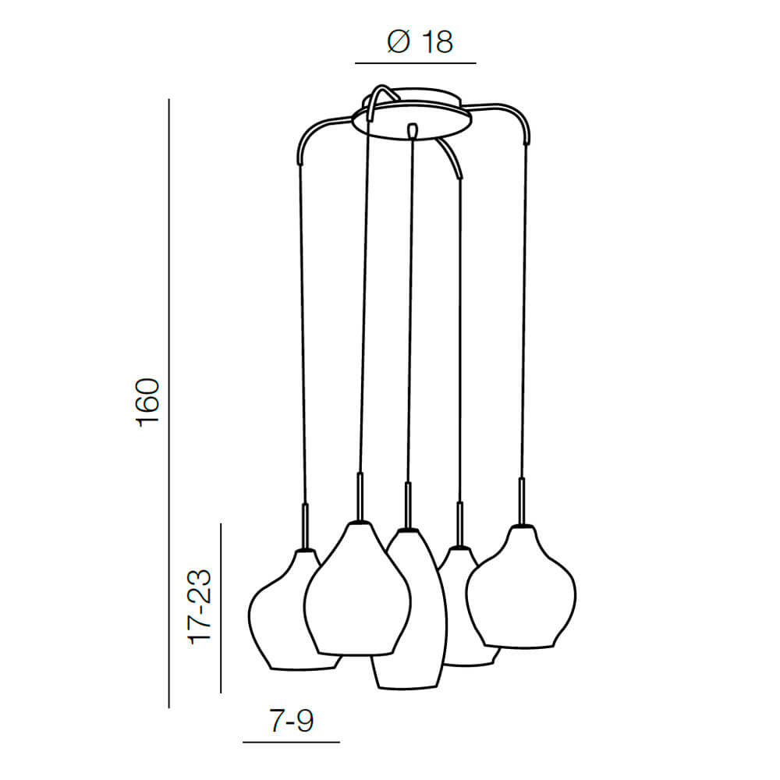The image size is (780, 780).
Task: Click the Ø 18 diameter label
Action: click(x=420, y=42)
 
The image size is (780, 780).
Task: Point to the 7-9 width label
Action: click(x=292, y=720)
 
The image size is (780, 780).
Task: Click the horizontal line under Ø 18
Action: click(x=416, y=63)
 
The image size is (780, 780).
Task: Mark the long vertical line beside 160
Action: click(x=168, y=403)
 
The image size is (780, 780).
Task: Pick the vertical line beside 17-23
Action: click(x=221, y=608)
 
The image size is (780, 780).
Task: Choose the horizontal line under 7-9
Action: click(x=291, y=743)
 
